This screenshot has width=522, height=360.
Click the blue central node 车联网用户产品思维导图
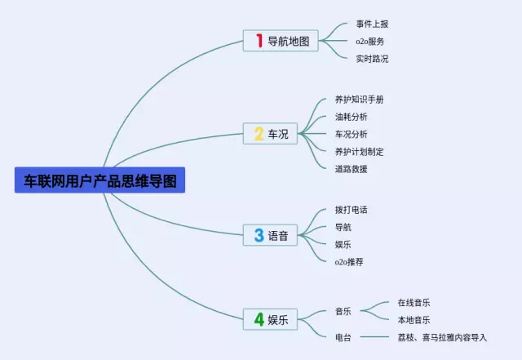(x=100, y=180)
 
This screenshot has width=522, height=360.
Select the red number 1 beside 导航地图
(x=259, y=41)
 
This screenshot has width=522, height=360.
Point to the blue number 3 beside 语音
(x=259, y=235)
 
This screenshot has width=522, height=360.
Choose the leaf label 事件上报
(x=373, y=24)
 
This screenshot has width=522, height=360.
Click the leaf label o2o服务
(x=370, y=41)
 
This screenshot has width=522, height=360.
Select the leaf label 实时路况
(x=373, y=59)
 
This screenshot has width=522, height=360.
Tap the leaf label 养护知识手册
(x=360, y=99)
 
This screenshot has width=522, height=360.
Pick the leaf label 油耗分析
(x=352, y=117)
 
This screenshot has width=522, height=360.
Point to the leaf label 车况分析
(x=352, y=134)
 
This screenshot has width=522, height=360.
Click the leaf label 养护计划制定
(x=360, y=152)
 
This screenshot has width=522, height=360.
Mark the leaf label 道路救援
(x=352, y=169)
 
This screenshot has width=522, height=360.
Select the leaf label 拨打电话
(x=352, y=210)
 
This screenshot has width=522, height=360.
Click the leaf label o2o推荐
(x=349, y=262)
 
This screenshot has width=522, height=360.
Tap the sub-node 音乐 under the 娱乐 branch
(x=343, y=311)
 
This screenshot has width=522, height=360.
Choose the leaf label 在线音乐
(x=414, y=303)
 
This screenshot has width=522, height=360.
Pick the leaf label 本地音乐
(x=414, y=320)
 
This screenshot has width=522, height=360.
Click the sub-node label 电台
(x=343, y=337)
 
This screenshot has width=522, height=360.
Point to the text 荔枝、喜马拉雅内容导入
(x=442, y=337)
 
